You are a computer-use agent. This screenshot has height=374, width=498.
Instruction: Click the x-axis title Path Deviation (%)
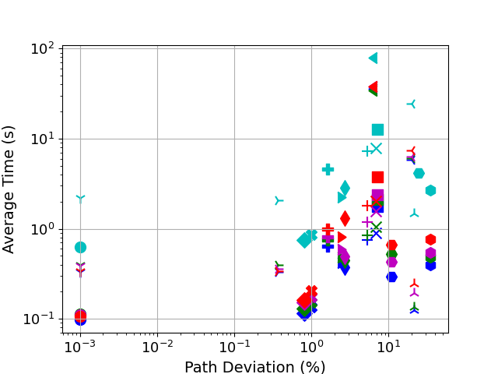coord(254,367)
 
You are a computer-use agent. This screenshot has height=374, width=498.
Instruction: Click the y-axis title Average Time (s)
coord(9,189)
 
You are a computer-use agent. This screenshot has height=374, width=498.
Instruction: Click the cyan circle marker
coord(80,247)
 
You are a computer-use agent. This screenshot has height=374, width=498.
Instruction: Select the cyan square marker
coord(377,129)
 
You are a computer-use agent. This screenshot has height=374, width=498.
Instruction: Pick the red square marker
coord(377,178)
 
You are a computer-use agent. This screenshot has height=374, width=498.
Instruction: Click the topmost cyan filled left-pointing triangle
coord(373,58)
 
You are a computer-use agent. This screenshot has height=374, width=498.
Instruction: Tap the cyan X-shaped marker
coord(377,148)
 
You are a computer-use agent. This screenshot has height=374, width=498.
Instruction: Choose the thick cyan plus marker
coord(328,169)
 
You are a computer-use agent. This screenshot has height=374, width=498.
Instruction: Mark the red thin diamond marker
coord(345,218)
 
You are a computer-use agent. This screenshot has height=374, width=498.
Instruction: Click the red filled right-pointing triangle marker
coord(342,237)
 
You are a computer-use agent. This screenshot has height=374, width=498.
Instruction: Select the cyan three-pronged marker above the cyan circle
coord(80,199)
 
